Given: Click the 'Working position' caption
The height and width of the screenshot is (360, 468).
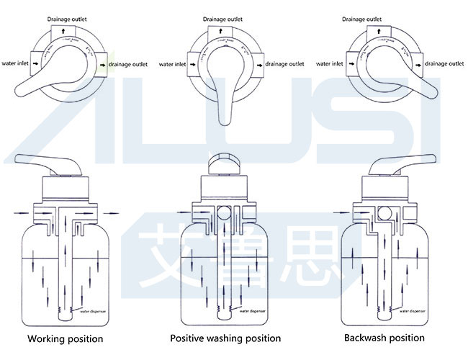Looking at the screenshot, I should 66,338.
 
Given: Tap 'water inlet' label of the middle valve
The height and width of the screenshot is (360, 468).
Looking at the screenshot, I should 171,63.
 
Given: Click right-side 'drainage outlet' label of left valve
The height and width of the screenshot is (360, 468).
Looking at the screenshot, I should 128,64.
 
